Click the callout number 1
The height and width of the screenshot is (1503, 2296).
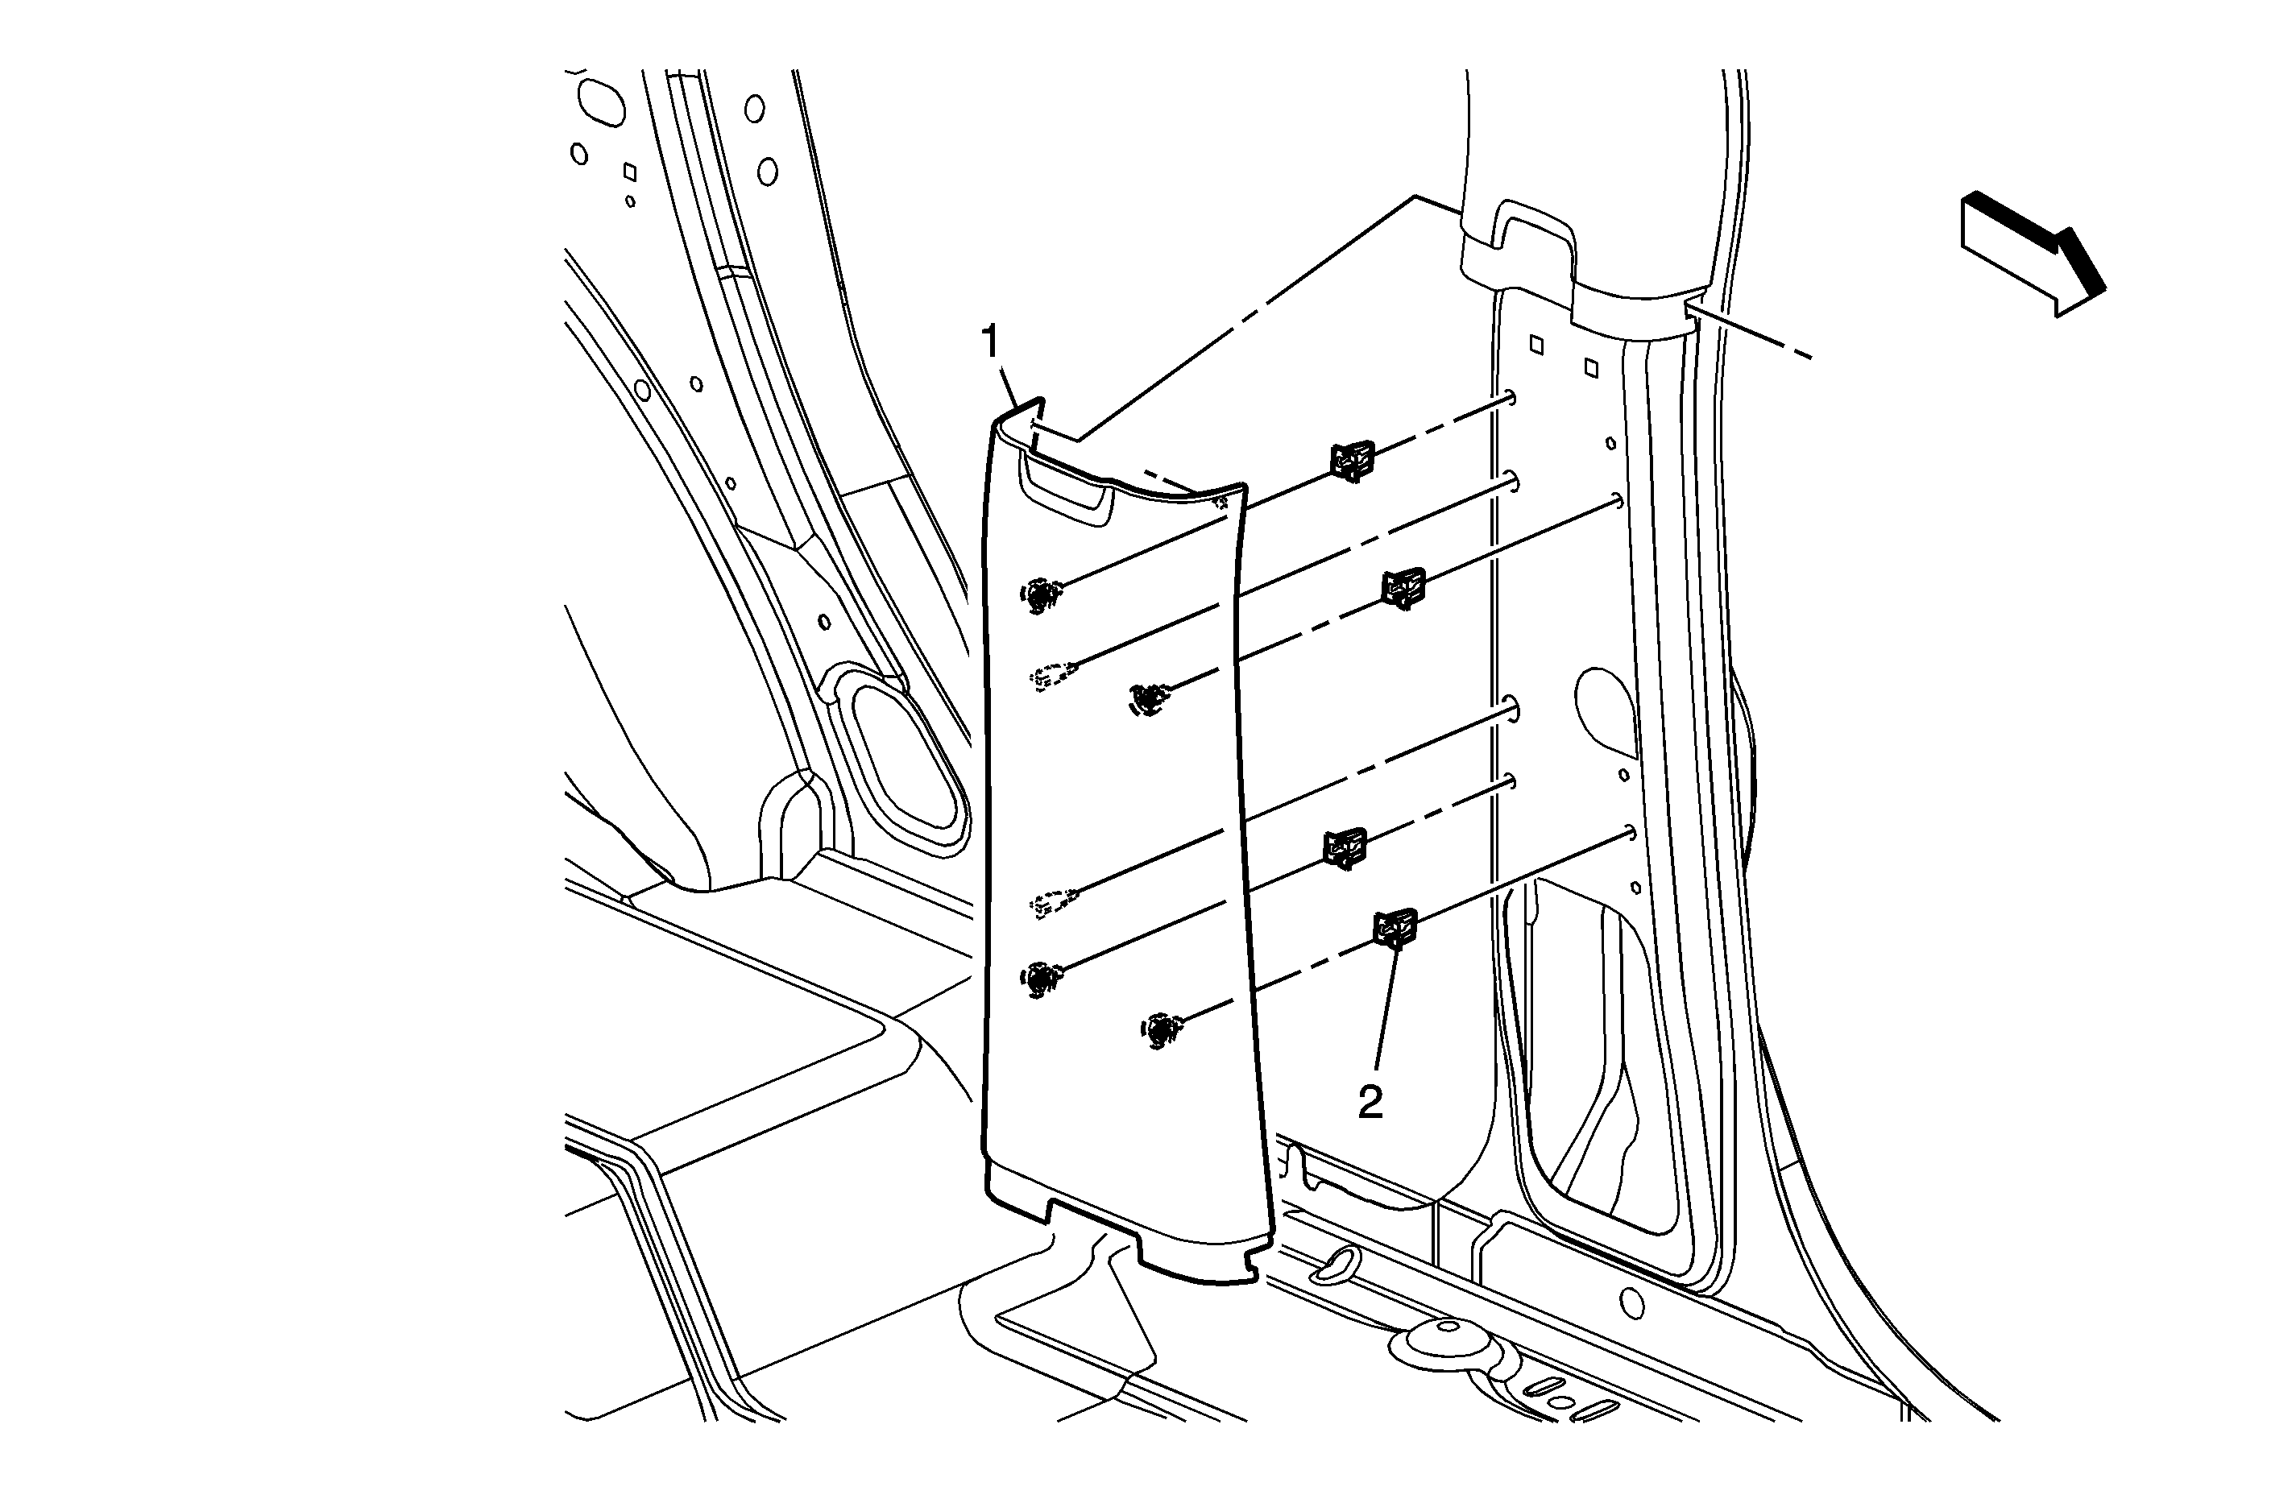991,343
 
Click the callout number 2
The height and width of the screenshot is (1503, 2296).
1371,1103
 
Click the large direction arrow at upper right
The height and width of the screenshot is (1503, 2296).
2032,254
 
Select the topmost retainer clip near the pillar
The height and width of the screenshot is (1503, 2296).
1353,460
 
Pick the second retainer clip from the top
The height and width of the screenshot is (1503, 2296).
1403,587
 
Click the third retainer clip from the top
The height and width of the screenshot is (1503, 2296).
1344,848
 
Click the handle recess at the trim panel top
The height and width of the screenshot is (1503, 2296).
1065,488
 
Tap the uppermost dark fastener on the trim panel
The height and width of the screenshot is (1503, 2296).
1040,595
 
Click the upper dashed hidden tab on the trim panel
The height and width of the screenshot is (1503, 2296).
1051,677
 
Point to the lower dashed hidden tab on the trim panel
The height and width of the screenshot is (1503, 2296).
1051,901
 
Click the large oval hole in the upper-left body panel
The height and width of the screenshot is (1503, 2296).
601,101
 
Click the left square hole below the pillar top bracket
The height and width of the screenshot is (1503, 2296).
1537,345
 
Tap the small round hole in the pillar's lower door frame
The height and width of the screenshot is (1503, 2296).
1631,1303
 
